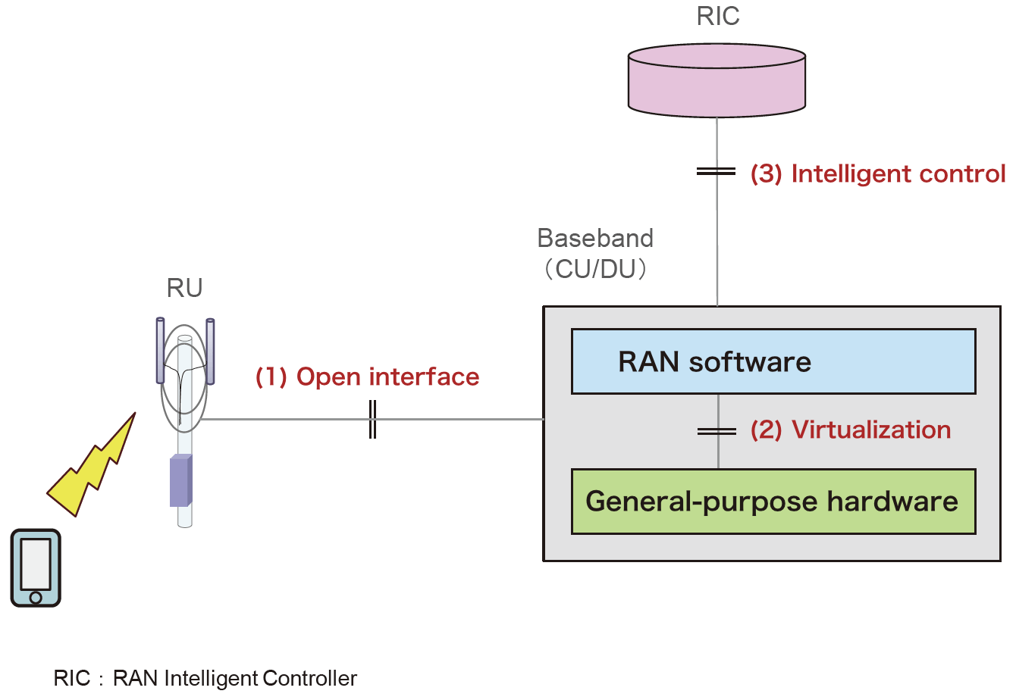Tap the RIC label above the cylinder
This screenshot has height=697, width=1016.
(717, 17)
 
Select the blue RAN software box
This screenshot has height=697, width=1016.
(773, 361)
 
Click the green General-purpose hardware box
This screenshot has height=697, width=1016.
(773, 502)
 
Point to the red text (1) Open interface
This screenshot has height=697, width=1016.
(367, 377)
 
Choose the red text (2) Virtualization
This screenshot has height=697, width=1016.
(850, 430)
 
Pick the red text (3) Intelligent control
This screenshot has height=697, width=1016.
(878, 174)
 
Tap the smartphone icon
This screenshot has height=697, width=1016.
(36, 567)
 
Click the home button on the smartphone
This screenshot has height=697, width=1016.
(36, 597)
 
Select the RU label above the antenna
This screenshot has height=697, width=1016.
(184, 289)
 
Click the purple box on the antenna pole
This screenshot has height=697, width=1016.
(180, 480)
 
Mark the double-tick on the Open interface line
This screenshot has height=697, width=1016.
(372, 419)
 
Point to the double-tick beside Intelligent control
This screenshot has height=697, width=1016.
(717, 172)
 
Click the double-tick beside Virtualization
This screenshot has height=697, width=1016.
(717, 431)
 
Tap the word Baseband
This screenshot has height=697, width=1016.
(595, 239)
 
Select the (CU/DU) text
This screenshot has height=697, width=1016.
(596, 269)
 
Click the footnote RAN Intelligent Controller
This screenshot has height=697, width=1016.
(234, 678)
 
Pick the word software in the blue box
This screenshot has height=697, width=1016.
(750, 362)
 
